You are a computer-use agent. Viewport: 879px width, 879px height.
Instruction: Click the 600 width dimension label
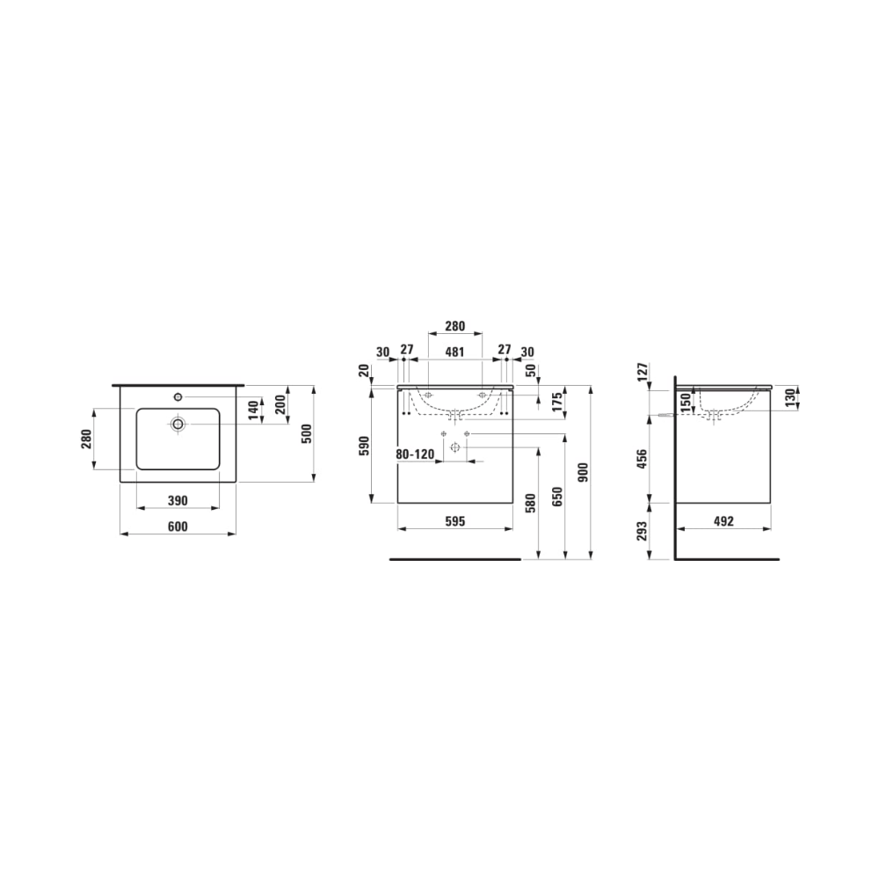pyautogui.click(x=178, y=527)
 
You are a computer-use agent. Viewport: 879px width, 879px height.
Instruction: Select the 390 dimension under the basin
pyautogui.click(x=178, y=501)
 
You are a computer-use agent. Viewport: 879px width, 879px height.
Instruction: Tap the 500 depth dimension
pyautogui.click(x=307, y=433)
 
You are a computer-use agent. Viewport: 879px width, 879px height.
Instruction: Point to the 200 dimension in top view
pyautogui.click(x=280, y=404)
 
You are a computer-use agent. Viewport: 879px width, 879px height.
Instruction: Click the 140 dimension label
pyautogui.click(x=255, y=410)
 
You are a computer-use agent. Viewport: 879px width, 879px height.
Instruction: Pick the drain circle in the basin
pyautogui.click(x=178, y=424)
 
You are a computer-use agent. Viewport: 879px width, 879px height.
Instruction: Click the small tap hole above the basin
pyautogui.click(x=178, y=397)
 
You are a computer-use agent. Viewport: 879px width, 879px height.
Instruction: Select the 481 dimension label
pyautogui.click(x=454, y=352)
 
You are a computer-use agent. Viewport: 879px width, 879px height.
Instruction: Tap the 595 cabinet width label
pyautogui.click(x=455, y=521)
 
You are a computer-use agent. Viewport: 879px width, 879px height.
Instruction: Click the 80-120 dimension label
pyautogui.click(x=415, y=454)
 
